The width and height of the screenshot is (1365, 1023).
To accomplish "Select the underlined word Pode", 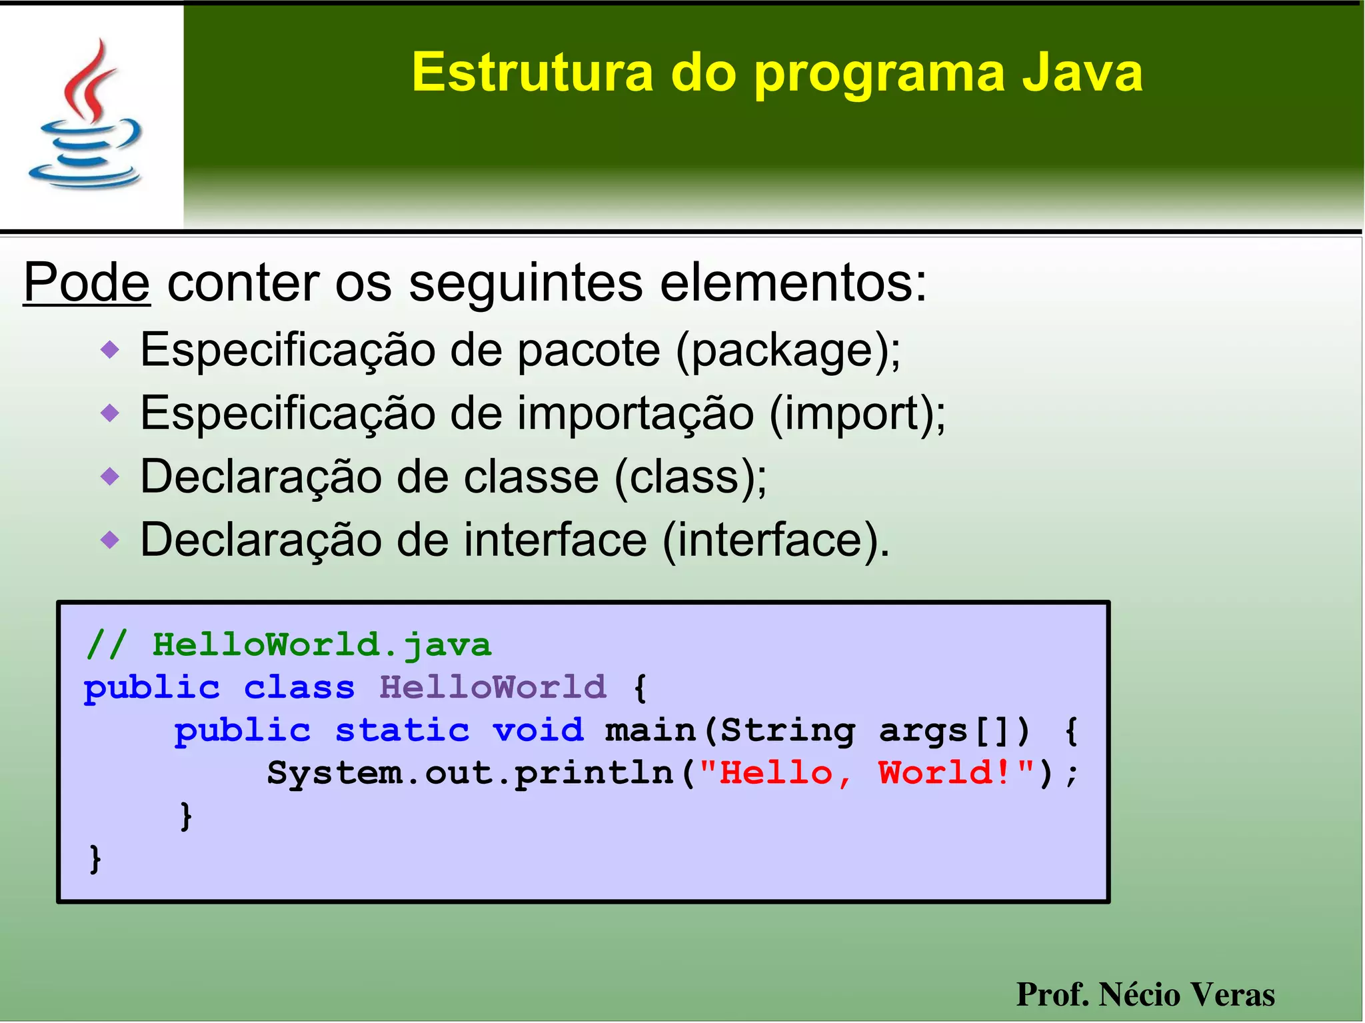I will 87,283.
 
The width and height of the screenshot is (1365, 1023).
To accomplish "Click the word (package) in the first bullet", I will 787,351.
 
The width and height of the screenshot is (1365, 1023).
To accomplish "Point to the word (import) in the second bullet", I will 857,414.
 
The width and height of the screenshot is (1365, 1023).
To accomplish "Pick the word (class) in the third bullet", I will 690,477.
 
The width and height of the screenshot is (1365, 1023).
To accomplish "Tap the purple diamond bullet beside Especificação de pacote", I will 110,349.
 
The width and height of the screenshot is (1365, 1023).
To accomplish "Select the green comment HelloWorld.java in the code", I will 321,645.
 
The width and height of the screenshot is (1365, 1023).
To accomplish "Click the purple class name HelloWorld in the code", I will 493,687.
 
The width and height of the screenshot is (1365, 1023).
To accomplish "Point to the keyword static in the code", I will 402,730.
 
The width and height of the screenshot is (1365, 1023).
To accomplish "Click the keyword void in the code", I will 538,730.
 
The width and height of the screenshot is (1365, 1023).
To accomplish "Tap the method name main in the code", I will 650,730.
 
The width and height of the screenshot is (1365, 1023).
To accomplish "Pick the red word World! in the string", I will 945,773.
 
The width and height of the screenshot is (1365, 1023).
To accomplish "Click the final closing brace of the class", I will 95,858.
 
